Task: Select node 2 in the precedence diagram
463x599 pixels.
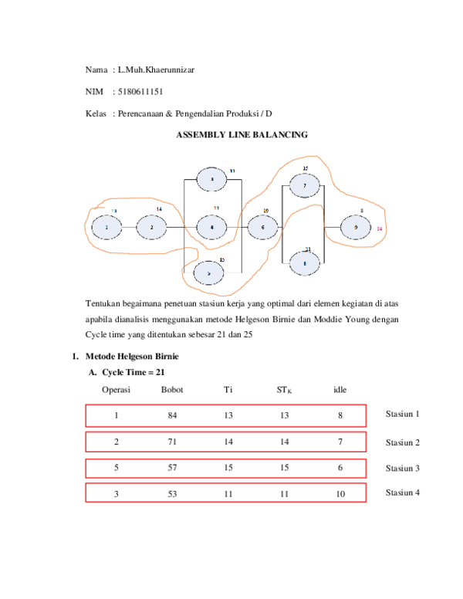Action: [x=153, y=228]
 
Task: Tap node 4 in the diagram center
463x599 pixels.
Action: [x=211, y=228]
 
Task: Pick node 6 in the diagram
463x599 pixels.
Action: [x=263, y=228]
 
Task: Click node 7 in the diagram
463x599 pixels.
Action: [x=305, y=186]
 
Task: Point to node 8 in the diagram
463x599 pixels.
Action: [x=305, y=263]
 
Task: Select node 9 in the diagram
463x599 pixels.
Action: [x=356, y=228]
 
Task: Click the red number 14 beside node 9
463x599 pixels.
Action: [x=379, y=229]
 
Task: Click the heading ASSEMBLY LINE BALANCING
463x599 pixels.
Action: [x=242, y=135]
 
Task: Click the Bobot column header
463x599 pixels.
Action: [x=172, y=390]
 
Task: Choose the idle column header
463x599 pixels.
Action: [x=340, y=390]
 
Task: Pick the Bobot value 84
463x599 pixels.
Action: [x=172, y=416]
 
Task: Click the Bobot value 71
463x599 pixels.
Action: [x=172, y=442]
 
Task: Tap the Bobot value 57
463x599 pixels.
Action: [x=172, y=469]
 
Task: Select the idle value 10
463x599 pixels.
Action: [x=340, y=495]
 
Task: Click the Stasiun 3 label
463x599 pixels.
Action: [x=402, y=468]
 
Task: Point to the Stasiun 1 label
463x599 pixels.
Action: [x=402, y=415]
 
